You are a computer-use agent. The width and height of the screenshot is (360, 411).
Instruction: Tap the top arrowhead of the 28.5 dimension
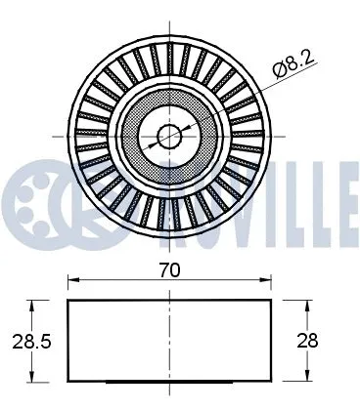click(x=35, y=306)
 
